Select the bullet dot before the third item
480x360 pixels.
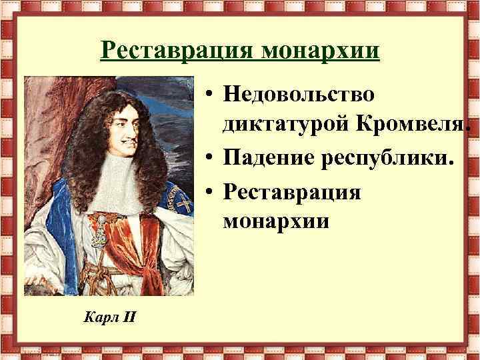pos(209,193)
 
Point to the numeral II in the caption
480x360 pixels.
pos(128,316)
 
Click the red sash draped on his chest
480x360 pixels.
pos(137,237)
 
